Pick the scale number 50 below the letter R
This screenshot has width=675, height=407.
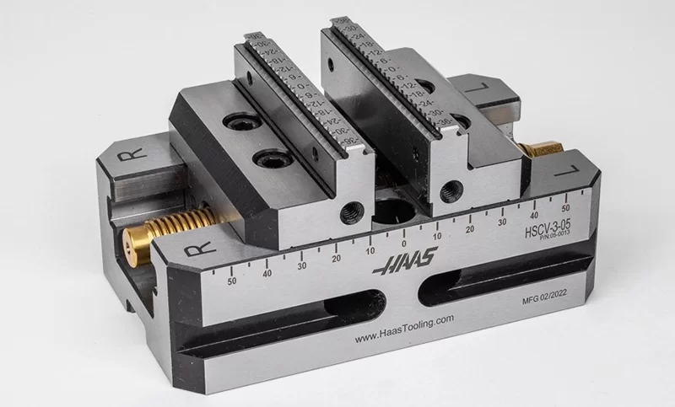click(x=232, y=281)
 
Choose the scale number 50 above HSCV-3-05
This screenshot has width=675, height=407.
click(x=566, y=206)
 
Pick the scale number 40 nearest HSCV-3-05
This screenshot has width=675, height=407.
click(x=534, y=214)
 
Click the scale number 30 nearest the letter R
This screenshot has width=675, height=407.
click(x=301, y=265)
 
